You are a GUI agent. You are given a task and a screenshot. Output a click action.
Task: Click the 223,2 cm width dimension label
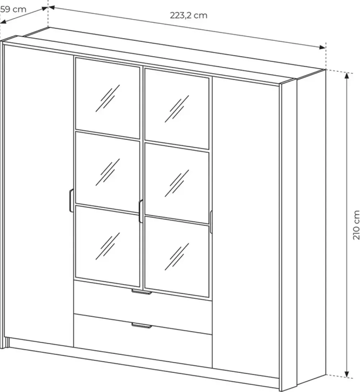[x=189, y=15]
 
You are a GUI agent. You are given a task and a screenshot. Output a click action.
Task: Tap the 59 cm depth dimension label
[x=13, y=9]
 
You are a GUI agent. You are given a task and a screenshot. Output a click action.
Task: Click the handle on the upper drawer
[x=141, y=292]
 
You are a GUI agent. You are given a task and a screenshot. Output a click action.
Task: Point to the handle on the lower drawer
[x=141, y=325]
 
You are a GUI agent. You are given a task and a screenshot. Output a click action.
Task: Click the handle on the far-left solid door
[x=71, y=201]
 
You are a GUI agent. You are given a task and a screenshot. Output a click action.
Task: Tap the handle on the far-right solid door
[x=211, y=222]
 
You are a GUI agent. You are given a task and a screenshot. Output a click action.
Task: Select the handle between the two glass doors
[x=141, y=211]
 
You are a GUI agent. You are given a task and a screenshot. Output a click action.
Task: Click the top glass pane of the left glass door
[x=107, y=98]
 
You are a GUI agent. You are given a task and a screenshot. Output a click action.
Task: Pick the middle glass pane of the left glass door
[x=107, y=172]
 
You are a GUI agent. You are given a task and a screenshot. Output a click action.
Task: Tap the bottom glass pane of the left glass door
[x=107, y=246]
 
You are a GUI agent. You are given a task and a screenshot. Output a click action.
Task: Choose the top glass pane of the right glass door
[x=177, y=109]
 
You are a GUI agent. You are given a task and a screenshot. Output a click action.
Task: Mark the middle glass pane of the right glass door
[x=177, y=183]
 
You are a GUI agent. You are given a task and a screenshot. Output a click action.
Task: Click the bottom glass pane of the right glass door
[x=177, y=257]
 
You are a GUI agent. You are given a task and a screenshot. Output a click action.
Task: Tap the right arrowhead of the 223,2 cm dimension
[x=323, y=47]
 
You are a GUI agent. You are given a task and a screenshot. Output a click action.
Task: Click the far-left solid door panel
[x=39, y=195]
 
